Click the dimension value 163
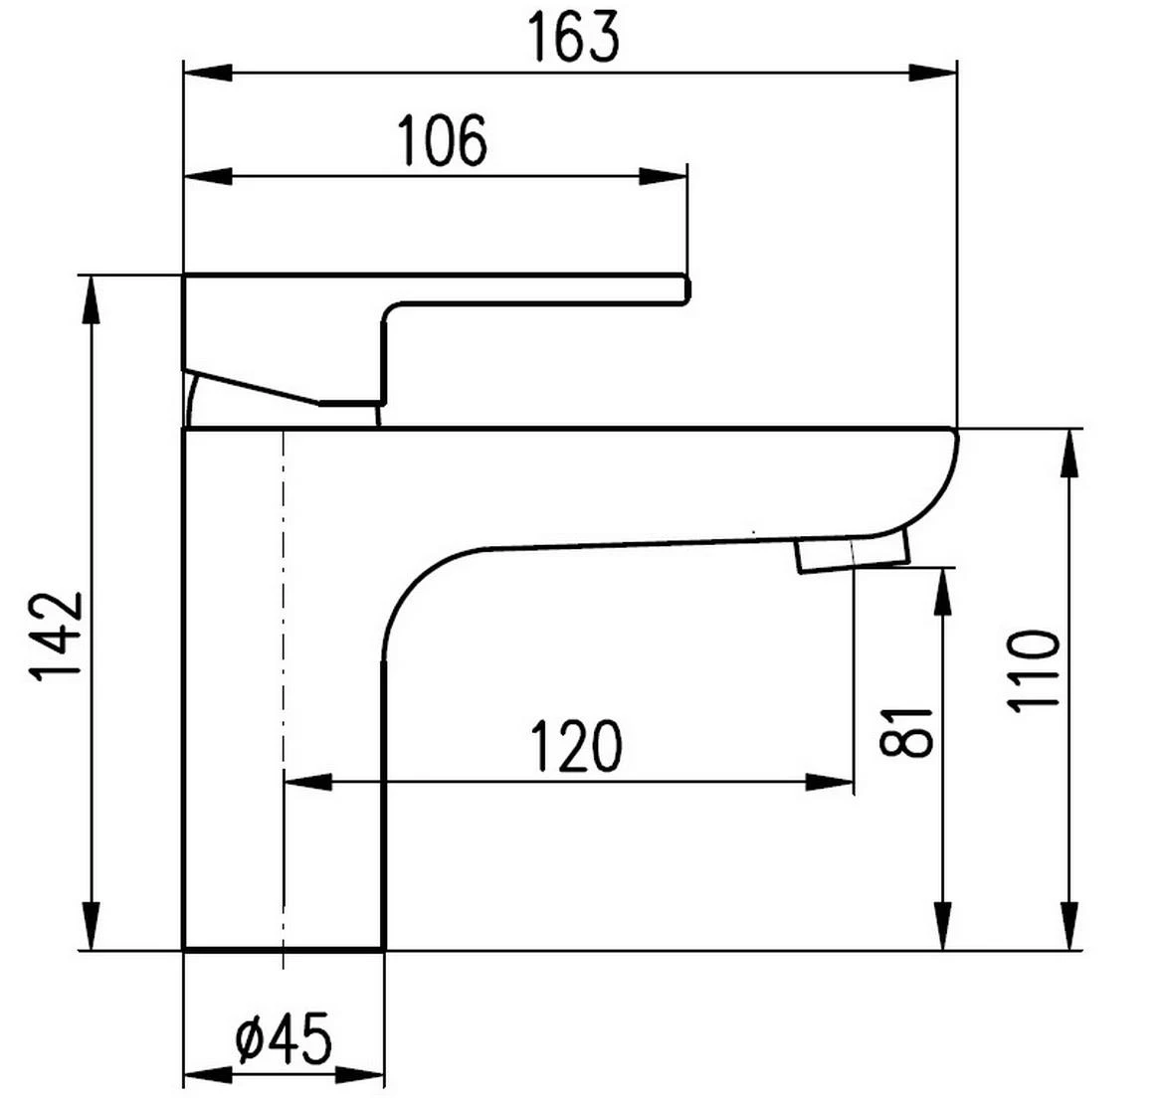(x=572, y=38)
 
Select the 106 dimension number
(x=443, y=140)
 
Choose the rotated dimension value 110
(x=1034, y=669)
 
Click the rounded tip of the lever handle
(x=684, y=287)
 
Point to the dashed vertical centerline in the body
(x=285, y=696)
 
